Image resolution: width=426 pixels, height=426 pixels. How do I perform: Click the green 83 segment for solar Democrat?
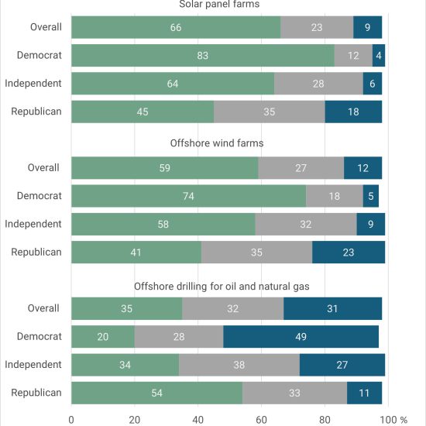(203, 56)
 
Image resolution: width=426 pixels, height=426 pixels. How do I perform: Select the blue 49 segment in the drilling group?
(301, 337)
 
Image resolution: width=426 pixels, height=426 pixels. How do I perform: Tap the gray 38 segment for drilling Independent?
(239, 365)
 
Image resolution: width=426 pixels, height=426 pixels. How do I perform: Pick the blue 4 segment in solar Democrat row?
(379, 56)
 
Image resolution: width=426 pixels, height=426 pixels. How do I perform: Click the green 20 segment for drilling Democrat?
(103, 337)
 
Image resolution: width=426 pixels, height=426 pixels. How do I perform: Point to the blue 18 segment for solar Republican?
(353, 112)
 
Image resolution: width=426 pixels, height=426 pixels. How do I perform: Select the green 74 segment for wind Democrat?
(189, 196)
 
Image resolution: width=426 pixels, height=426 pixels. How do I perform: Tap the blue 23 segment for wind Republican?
(349, 253)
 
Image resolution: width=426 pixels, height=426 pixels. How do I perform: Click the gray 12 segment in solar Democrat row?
(353, 56)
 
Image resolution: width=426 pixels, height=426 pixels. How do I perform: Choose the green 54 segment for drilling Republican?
(157, 393)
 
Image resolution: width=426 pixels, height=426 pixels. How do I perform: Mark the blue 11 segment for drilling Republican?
(364, 393)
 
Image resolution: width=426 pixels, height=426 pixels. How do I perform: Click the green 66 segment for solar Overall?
(176, 27)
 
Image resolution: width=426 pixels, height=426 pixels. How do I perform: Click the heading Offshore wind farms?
(217, 143)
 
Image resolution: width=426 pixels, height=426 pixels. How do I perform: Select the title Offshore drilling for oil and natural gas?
(222, 287)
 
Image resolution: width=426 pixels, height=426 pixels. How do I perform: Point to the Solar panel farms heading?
(219, 5)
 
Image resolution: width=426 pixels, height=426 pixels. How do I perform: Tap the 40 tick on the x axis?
(198, 420)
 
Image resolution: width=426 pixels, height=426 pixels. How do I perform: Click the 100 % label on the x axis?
(393, 420)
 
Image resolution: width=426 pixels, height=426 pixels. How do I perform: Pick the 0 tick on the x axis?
(71, 420)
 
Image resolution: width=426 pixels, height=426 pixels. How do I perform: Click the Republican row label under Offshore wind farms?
(36, 253)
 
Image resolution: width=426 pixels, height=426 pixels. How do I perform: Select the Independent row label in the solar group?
(33, 84)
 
